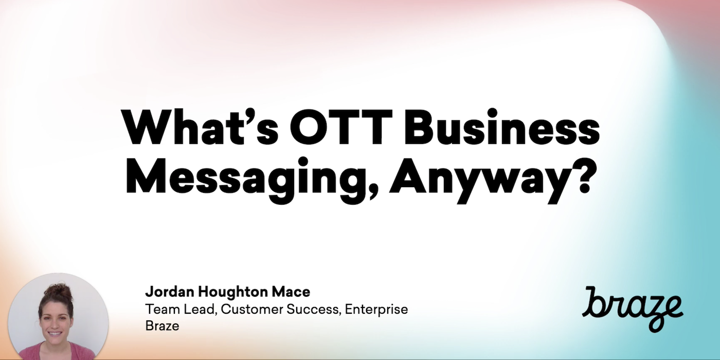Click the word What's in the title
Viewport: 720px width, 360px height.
[x=200, y=127]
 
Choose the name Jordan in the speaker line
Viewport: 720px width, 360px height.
[x=170, y=292]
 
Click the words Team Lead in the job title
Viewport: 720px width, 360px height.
[x=181, y=309]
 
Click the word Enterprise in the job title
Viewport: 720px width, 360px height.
[x=376, y=310]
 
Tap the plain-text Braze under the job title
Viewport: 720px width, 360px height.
[x=163, y=326]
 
